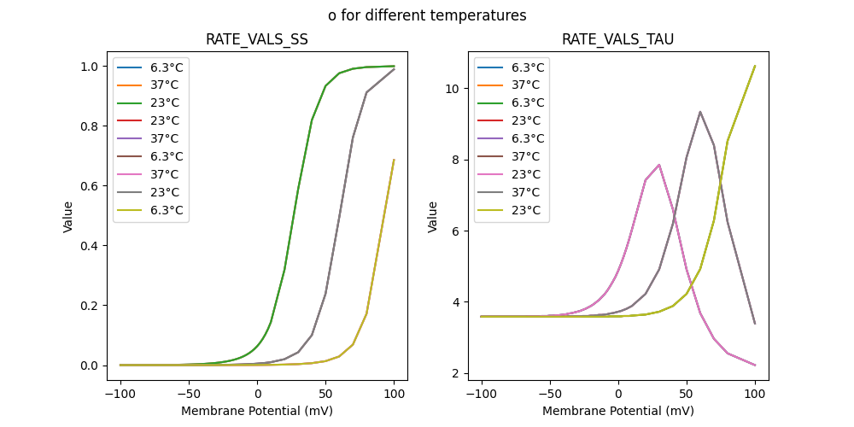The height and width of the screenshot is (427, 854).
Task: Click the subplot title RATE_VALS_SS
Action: pyautogui.click(x=257, y=39)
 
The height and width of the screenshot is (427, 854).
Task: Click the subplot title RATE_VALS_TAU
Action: pyautogui.click(x=617, y=39)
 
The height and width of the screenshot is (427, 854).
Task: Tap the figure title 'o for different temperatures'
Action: pyautogui.click(x=427, y=15)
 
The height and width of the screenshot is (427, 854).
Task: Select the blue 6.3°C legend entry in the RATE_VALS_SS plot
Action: pyautogui.click(x=167, y=67)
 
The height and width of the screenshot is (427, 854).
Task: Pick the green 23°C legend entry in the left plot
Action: pyautogui.click(x=167, y=102)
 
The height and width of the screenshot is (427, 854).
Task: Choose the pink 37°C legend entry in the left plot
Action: pyautogui.click(x=167, y=174)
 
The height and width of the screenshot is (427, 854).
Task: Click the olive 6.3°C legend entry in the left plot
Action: pyautogui.click(x=167, y=210)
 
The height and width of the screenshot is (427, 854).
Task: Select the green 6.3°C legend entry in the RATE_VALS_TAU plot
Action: pyautogui.click(x=528, y=102)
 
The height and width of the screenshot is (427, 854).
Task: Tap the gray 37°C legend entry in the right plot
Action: pyautogui.click(x=528, y=192)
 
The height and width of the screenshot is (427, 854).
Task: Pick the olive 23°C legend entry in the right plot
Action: pyautogui.click(x=528, y=210)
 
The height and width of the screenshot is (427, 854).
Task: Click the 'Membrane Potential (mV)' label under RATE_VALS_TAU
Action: pyautogui.click(x=618, y=411)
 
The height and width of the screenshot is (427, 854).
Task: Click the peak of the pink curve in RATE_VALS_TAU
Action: pyautogui.click(x=659, y=165)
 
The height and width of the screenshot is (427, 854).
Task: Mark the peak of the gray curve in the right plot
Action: pyautogui.click(x=700, y=112)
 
